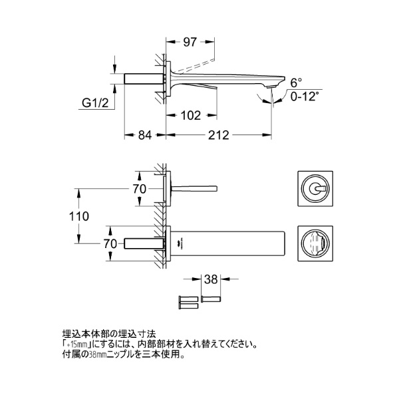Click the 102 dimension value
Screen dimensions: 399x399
(x=192, y=115)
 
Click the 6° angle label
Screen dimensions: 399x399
(x=297, y=82)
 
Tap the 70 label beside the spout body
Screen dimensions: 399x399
(x=112, y=243)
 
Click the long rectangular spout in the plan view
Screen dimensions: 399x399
(x=226, y=243)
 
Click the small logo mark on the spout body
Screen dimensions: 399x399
(x=178, y=245)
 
